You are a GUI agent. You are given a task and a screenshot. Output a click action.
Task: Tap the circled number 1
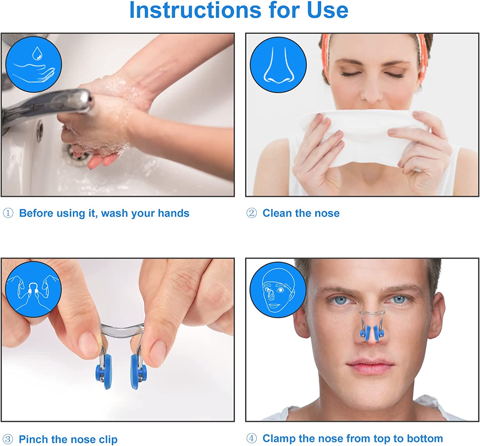pos(8,213)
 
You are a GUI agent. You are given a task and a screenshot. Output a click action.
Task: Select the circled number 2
pos(252,213)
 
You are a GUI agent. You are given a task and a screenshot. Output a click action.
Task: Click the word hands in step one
pos(173,213)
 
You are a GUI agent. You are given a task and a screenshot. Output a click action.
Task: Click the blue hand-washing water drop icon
pos(34,64)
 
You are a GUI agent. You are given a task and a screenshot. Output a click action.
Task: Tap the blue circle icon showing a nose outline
pos(278,65)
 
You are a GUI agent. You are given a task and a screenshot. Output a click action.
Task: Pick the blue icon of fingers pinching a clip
pos(33,289)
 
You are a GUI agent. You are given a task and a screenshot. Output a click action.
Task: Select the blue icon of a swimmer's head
pos(278,289)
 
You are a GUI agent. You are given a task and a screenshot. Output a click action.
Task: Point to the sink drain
pos(75,152)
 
